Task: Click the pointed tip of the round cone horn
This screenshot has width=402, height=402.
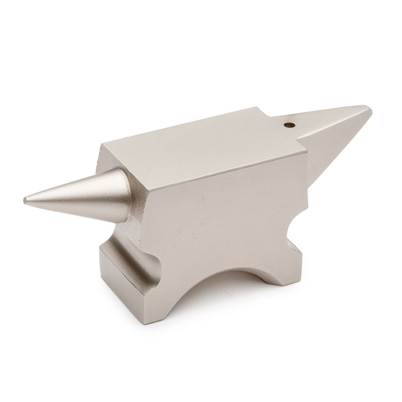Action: (25, 199)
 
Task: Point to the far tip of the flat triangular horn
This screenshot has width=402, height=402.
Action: (369, 108)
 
